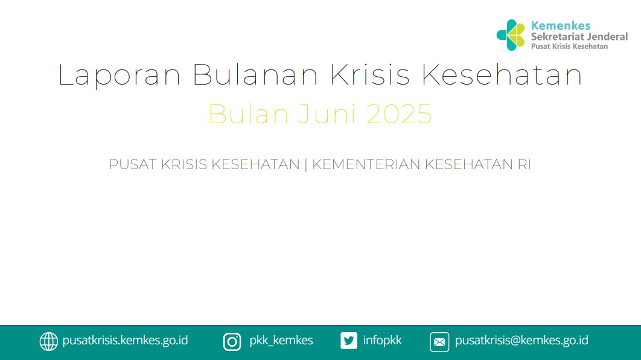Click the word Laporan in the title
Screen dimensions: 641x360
click(119, 76)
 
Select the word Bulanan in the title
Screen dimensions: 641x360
click(255, 74)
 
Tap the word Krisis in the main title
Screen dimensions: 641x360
click(369, 74)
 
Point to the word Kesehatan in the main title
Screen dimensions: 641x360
click(502, 74)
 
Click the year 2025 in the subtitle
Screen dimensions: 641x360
click(399, 114)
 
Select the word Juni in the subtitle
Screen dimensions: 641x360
click(327, 114)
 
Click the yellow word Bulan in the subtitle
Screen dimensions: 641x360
click(249, 114)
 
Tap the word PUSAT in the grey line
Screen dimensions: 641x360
click(133, 164)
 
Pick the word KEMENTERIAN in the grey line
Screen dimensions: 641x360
click(366, 164)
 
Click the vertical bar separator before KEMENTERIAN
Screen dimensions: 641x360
click(306, 164)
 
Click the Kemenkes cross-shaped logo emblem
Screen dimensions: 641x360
click(511, 35)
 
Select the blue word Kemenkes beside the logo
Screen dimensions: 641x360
click(561, 26)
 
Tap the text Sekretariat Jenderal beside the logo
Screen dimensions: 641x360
click(579, 37)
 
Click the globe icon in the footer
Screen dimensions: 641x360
click(49, 342)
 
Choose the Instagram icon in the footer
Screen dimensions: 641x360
click(232, 342)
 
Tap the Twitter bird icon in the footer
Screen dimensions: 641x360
click(349, 341)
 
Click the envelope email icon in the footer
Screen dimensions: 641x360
click(439, 342)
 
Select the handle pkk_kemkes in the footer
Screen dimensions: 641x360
click(281, 340)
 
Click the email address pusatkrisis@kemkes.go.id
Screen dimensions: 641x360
click(521, 340)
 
